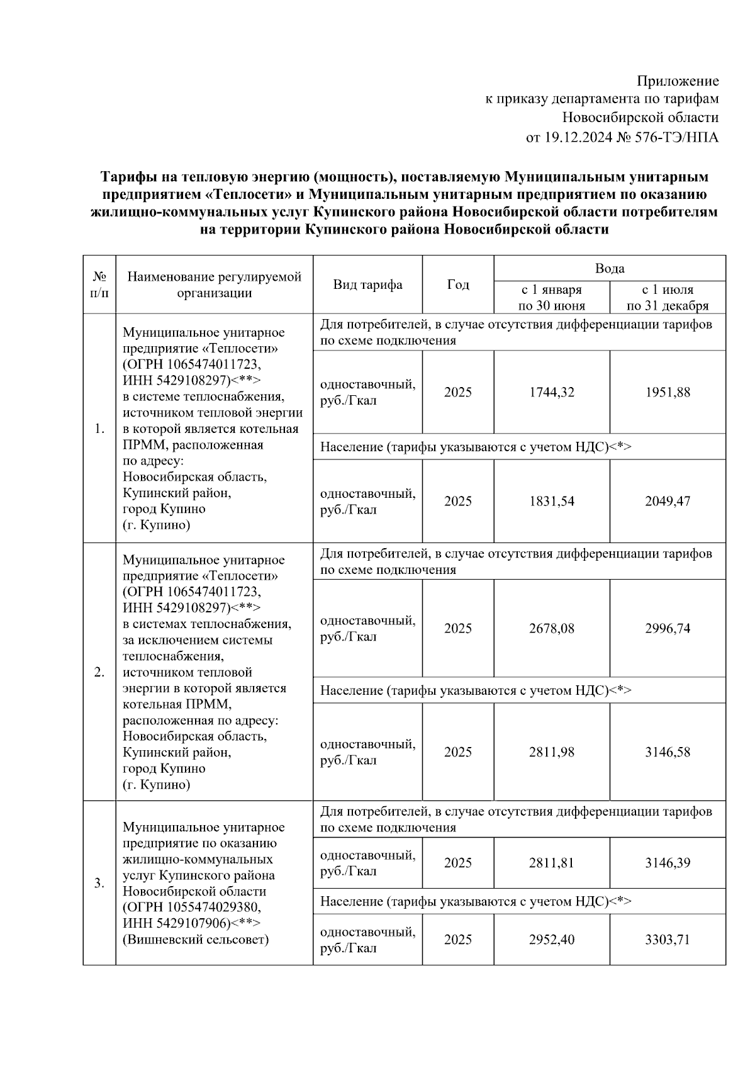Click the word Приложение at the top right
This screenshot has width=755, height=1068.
click(x=677, y=81)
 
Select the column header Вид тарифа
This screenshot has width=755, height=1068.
click(x=367, y=284)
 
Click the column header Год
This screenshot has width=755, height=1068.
click(x=457, y=284)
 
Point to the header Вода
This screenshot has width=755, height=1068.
click(x=609, y=269)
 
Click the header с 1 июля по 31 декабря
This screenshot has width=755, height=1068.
click(x=667, y=298)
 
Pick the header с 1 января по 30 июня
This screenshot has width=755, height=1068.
click(x=551, y=298)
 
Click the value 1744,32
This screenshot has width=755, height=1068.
click(x=551, y=392)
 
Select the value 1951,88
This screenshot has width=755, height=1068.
click(x=667, y=392)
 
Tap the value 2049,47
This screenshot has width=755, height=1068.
click(x=667, y=501)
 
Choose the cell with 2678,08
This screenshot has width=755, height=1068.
click(x=551, y=628)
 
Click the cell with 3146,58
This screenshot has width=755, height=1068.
click(x=667, y=752)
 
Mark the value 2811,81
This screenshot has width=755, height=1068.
click(x=551, y=863)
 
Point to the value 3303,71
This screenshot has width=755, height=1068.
click(x=667, y=940)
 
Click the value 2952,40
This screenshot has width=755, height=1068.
click(x=551, y=940)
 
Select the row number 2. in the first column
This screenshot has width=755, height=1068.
click(x=99, y=672)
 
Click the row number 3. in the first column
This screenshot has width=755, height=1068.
click(x=99, y=883)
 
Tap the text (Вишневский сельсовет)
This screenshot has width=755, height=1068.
click(x=196, y=940)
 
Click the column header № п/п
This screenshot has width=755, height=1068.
click(x=99, y=284)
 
